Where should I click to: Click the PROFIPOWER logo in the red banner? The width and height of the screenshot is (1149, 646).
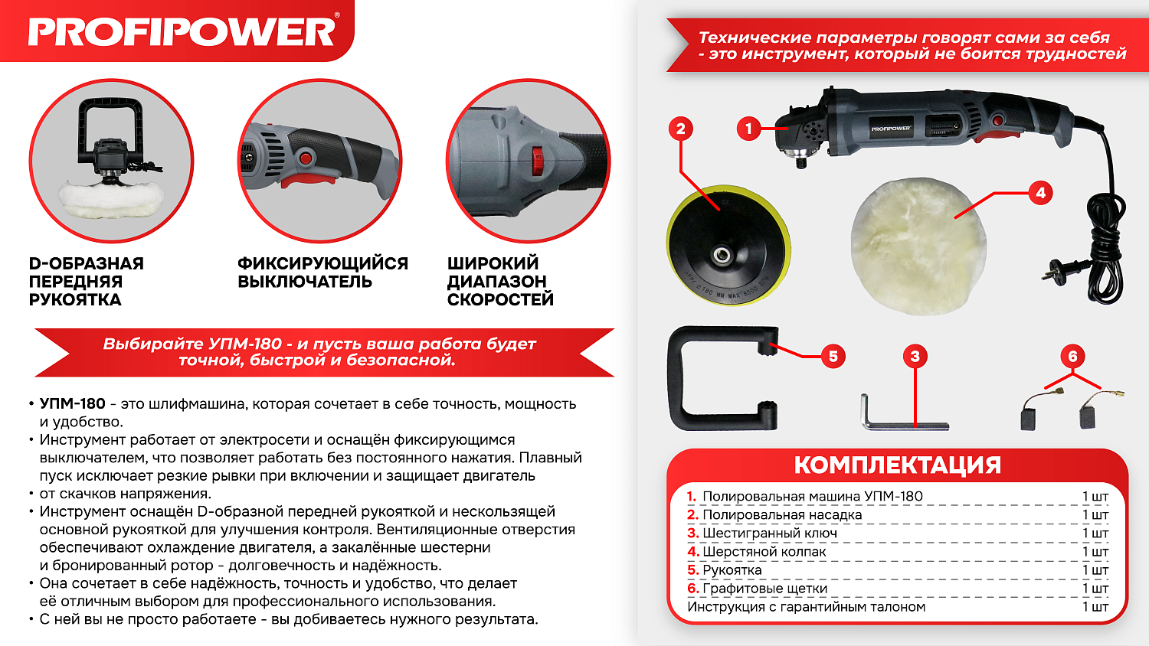tap(182, 32)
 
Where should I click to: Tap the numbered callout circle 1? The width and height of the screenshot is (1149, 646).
tap(748, 129)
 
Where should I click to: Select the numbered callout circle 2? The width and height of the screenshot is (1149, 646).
tap(681, 129)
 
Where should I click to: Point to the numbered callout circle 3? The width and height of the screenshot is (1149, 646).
tap(915, 357)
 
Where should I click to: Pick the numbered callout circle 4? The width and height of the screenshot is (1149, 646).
tap(1040, 193)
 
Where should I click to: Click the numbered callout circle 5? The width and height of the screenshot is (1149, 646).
tap(833, 357)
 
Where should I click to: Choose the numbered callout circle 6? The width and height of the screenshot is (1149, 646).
tap(1072, 357)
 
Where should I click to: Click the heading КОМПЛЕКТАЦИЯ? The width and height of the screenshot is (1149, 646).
tap(897, 465)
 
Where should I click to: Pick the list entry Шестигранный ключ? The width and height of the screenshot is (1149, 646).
tap(769, 533)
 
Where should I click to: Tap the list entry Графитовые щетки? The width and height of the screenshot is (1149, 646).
tap(764, 589)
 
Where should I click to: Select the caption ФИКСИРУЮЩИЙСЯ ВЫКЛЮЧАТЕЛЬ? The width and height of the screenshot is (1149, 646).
tap(322, 272)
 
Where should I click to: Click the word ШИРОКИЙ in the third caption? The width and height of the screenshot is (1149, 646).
tap(493, 263)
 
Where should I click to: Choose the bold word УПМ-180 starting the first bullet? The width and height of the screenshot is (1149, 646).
tap(72, 404)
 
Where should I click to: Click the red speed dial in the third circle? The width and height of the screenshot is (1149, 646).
tap(537, 161)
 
